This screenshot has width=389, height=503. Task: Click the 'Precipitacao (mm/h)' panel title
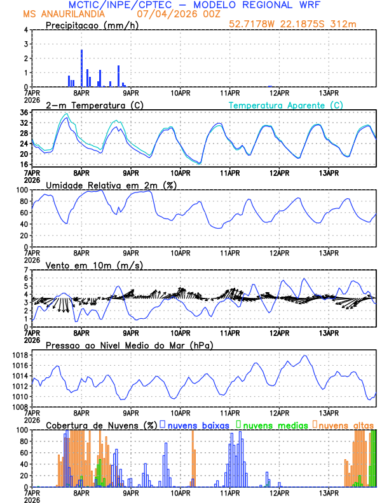tap(92, 25)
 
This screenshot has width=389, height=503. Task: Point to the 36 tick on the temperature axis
tap(24, 113)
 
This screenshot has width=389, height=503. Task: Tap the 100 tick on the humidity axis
tap(22, 190)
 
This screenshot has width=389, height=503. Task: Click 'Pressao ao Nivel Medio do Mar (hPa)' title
tap(129, 345)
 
